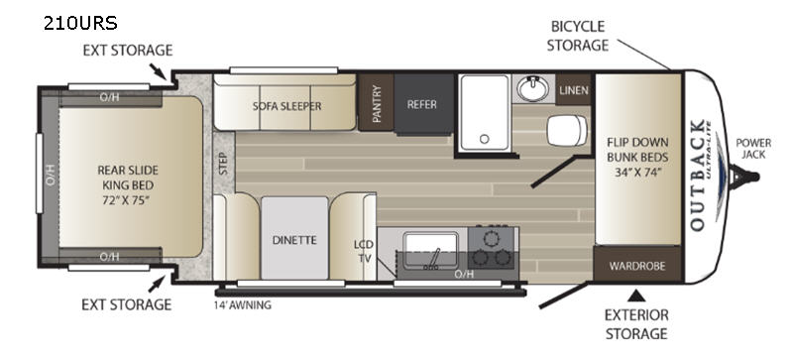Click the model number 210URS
(80, 23)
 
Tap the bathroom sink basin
(532, 88)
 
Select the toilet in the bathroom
(567, 130)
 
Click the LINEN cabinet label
(574, 90)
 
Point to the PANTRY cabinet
(377, 103)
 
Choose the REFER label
(422, 104)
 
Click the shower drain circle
(485, 139)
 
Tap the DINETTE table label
(294, 240)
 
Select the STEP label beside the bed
(224, 163)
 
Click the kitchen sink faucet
(433, 258)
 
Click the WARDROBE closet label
(637, 266)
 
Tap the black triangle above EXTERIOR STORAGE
(636, 295)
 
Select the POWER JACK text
(753, 148)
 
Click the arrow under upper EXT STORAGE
(158, 71)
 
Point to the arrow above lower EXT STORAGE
(157, 284)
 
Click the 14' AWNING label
(242, 304)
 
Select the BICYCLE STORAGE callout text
(578, 36)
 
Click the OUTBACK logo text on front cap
(698, 176)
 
